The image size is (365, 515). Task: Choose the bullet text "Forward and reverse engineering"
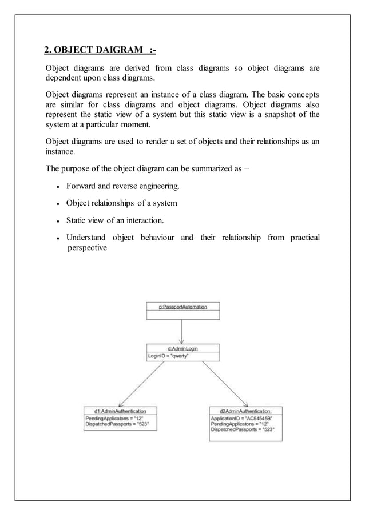pyautogui.click(x=130, y=186)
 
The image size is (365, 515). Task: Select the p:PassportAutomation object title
pyautogui.click(x=182, y=307)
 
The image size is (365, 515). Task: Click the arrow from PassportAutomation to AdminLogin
pyautogui.click(x=182, y=332)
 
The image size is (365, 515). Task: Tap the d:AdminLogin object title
pyautogui.click(x=182, y=348)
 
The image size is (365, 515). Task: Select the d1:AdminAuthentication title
pyautogui.click(x=120, y=411)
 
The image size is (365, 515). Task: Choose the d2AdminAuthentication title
pyautogui.click(x=245, y=411)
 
